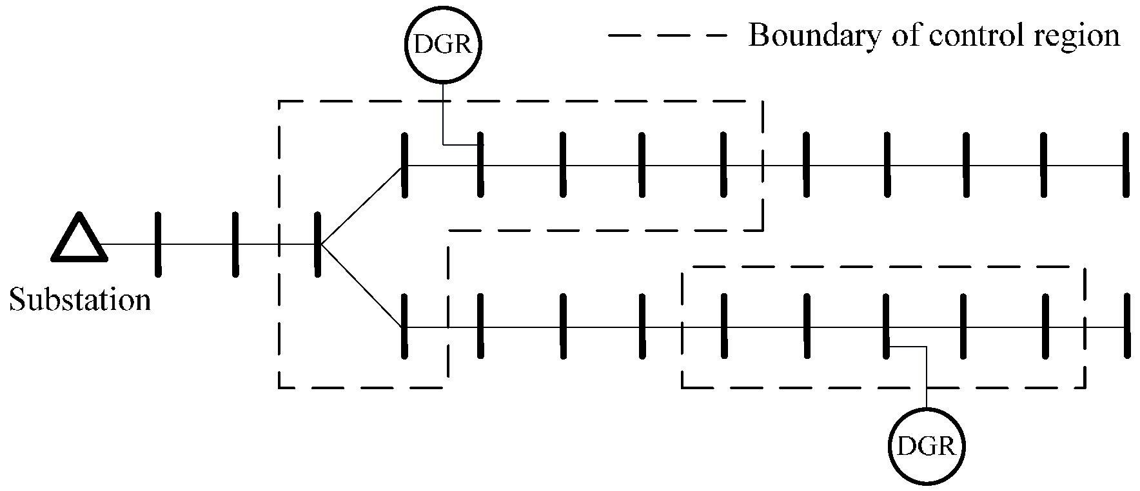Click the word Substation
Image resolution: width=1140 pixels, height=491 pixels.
click(x=80, y=300)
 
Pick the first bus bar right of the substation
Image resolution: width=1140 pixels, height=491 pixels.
click(x=158, y=244)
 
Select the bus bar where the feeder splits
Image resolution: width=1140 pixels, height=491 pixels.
click(x=317, y=244)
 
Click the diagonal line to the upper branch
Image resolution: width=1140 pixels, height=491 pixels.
click(x=361, y=205)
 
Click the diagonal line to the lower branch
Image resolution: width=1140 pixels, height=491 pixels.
click(x=361, y=285)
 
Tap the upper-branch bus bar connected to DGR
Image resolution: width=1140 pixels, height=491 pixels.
click(x=480, y=164)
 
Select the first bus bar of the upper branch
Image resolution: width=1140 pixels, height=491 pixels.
click(x=404, y=164)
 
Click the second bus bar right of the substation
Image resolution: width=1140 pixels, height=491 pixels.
click(x=235, y=244)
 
